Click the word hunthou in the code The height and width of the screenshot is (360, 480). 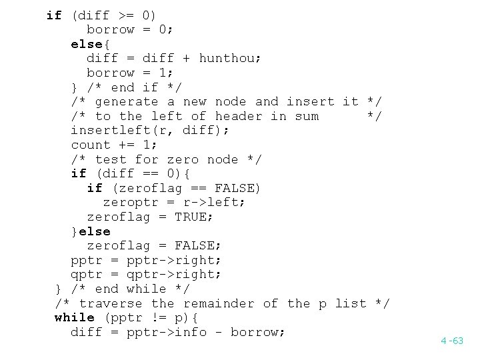230,58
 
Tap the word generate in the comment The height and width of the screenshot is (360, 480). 127,101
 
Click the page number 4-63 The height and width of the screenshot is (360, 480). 451,341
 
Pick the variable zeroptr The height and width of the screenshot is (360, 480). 131,202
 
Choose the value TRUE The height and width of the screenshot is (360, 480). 191,217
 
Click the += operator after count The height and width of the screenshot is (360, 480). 127,145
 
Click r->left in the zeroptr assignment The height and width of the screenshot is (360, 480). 215,202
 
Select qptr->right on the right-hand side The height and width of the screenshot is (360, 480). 175,274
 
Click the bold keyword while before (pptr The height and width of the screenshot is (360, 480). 75,317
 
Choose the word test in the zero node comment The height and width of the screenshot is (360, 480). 111,159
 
